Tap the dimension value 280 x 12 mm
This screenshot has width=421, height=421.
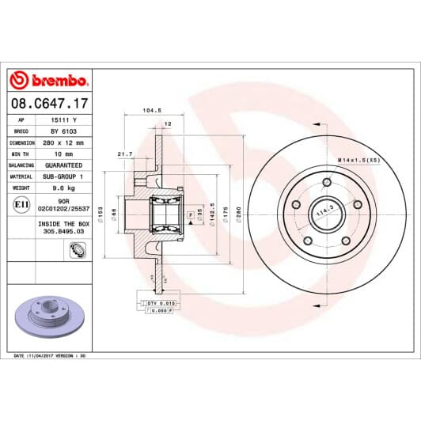click(63, 143)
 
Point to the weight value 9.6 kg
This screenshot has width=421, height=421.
click(63, 188)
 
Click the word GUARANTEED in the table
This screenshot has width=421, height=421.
click(63, 165)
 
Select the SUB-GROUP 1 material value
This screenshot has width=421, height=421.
click(63, 176)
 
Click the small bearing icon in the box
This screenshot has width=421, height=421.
click(78, 251)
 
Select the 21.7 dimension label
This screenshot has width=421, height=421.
click(124, 154)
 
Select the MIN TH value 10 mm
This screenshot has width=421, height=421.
click(63, 154)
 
